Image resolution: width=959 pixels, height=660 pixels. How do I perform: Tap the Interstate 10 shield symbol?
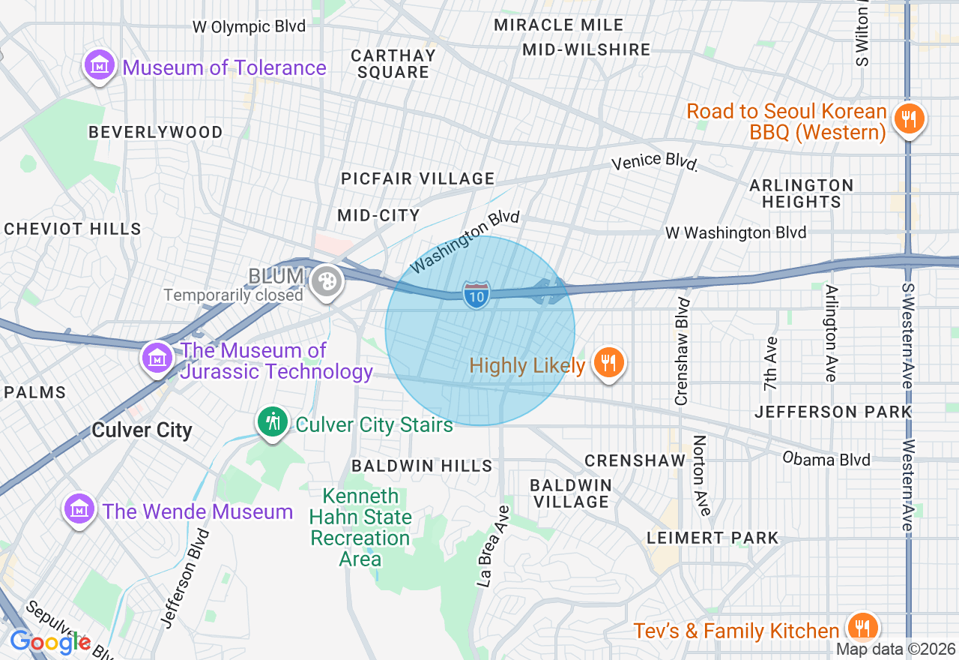(x=477, y=293)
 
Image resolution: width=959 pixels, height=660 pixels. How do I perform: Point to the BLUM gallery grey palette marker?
(x=327, y=282)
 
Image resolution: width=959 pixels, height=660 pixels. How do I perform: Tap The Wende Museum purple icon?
(x=79, y=510)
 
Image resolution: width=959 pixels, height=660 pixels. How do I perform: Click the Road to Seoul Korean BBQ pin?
(x=908, y=118)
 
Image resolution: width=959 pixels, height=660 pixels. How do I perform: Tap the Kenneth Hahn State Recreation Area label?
(x=360, y=527)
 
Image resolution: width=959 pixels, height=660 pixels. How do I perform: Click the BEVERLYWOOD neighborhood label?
(x=155, y=132)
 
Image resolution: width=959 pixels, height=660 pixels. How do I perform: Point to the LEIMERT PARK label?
(x=713, y=538)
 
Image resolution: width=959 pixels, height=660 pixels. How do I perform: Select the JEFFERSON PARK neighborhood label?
(x=833, y=412)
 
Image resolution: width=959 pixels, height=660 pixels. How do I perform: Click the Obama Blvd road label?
(x=826, y=458)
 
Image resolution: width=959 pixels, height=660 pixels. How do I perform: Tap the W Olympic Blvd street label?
(x=249, y=27)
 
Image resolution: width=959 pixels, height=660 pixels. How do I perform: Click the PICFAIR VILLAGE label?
(x=417, y=178)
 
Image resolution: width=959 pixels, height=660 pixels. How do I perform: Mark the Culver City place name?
(x=142, y=430)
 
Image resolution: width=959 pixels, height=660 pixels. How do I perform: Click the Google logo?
(x=49, y=642)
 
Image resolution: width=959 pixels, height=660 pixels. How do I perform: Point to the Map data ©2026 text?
(x=896, y=649)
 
